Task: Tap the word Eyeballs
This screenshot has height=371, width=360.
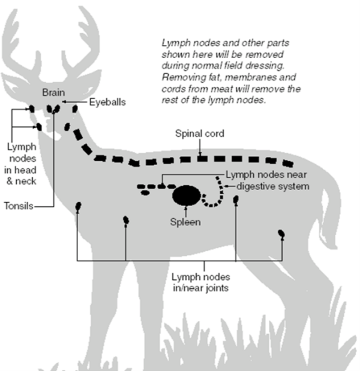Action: tap(108, 102)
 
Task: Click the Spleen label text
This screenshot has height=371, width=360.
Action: tap(186, 222)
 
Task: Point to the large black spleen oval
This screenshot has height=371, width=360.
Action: tap(187, 195)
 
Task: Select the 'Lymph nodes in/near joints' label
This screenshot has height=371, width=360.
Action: tap(200, 282)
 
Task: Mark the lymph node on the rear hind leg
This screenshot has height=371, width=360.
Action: tap(281, 233)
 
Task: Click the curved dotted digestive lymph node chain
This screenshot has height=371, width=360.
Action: tap(216, 195)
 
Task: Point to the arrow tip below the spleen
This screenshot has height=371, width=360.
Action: tap(187, 210)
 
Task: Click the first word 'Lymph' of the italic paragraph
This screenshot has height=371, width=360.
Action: tap(175, 44)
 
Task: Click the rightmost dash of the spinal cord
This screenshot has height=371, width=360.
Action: tap(289, 164)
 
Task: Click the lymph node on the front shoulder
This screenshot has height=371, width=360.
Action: tap(79, 206)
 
